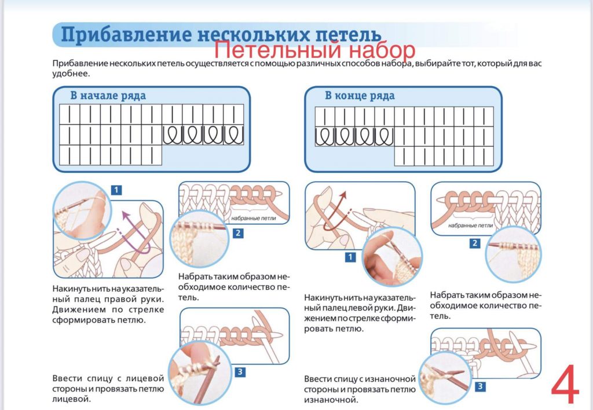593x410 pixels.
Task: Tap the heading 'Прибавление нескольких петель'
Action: coord(220,35)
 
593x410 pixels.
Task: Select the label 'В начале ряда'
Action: coord(108,95)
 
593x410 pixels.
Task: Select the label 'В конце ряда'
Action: coord(360,95)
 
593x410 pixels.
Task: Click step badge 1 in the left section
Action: coord(116,190)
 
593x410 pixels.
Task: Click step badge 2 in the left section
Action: coord(237,233)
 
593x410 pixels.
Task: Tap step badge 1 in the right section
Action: coord(350,257)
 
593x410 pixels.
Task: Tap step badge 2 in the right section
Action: coord(475,243)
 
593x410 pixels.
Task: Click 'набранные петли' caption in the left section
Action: coord(253,219)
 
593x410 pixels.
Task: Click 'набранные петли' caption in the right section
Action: coord(471,226)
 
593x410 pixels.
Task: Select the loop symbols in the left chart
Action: coord(203,135)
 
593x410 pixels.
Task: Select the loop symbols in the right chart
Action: coord(354,136)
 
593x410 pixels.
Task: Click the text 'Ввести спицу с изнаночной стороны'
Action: coord(360,384)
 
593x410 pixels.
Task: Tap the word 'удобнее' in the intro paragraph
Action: coord(71,74)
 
